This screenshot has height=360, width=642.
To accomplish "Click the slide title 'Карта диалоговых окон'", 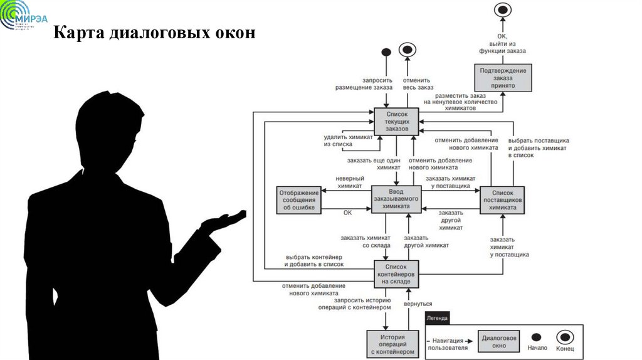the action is pos(154,32).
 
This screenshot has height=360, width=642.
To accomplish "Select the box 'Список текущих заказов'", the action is pos(396,120).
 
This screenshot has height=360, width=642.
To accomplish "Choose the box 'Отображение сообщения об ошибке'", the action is pos(299,199).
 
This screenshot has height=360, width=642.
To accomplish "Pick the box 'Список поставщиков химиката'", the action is pos(503,200).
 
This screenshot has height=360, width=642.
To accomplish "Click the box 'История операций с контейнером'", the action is pos(393,344).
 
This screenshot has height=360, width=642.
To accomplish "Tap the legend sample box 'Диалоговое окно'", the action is pos(499,342).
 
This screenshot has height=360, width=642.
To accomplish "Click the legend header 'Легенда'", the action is pos(438,318).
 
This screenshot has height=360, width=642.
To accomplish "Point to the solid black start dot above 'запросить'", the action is pos(386,52).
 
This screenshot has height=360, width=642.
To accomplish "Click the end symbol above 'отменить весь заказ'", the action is pos(408,50).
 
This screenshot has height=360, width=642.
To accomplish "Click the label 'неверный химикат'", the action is pos(350,182).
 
